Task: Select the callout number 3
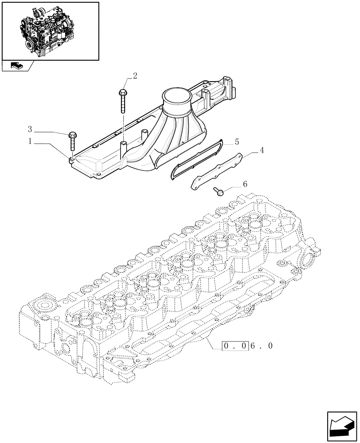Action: (30, 129)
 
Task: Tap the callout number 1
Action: (30, 141)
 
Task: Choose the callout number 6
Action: (245, 184)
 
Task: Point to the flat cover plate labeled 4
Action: (216, 171)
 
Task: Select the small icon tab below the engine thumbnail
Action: (17, 66)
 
